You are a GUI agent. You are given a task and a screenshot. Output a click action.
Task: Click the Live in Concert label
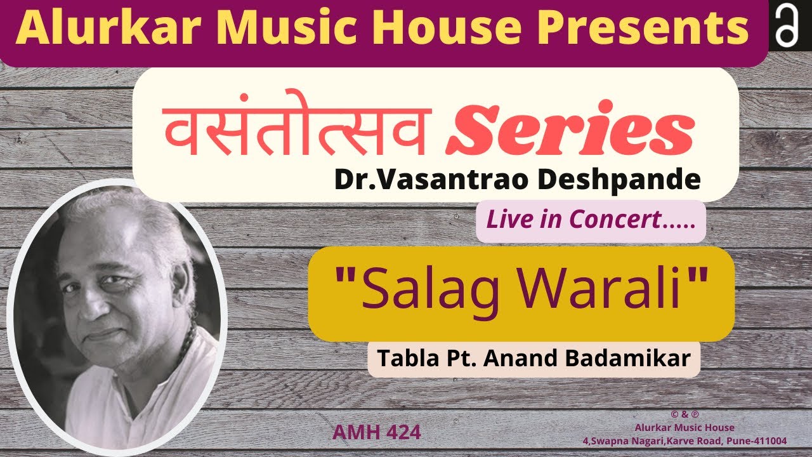click(x=590, y=220)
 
